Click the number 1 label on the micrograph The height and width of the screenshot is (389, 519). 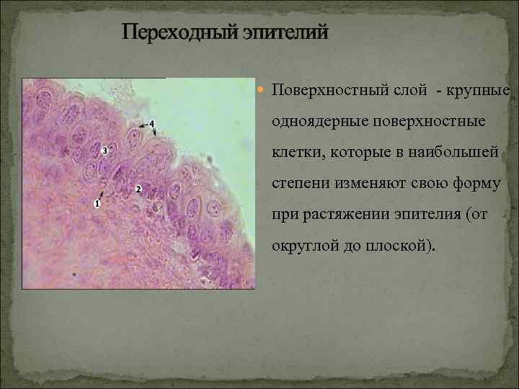[97, 203]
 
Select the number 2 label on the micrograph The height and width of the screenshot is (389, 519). [138, 189]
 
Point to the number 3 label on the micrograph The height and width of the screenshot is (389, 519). [105, 151]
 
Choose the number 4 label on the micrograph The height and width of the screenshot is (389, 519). [152, 124]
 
